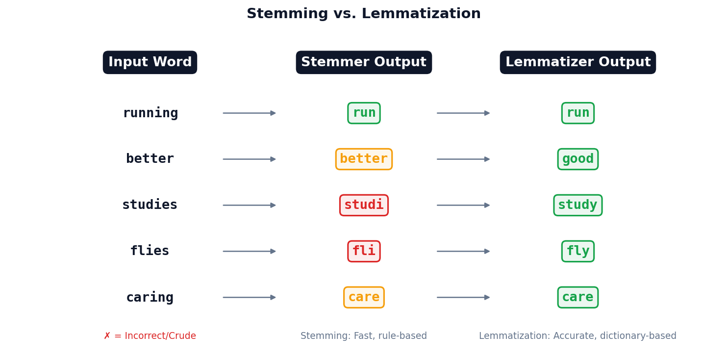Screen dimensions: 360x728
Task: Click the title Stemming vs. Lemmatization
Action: click(x=363, y=14)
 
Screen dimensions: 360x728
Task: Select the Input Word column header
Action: click(x=150, y=62)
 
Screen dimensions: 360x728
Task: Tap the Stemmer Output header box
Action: click(x=364, y=62)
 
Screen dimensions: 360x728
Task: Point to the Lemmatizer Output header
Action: click(x=577, y=62)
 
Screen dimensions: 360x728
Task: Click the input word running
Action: click(x=150, y=113)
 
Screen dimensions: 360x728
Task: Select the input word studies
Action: click(x=150, y=205)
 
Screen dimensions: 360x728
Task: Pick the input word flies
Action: click(x=150, y=251)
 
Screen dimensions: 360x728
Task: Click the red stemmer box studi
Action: click(x=364, y=205)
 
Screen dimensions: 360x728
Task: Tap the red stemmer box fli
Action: click(x=364, y=251)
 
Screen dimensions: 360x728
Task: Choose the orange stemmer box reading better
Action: click(x=364, y=159)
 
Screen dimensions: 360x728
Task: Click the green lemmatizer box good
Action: click(x=577, y=159)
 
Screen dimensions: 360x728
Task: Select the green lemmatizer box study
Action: click(x=577, y=205)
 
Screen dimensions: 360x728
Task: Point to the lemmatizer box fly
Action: click(x=577, y=251)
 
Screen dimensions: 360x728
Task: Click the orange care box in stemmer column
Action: click(x=364, y=297)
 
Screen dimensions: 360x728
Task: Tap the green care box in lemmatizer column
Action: click(x=577, y=297)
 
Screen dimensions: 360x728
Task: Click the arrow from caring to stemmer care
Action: click(x=249, y=297)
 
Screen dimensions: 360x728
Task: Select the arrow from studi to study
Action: click(x=463, y=205)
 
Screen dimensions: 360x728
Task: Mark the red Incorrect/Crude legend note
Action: click(x=150, y=336)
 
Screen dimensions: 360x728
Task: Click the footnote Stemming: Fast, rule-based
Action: click(x=363, y=336)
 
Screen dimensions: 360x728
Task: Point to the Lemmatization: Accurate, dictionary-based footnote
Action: click(x=577, y=336)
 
